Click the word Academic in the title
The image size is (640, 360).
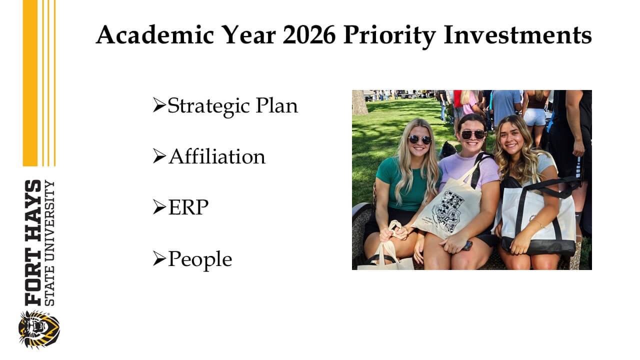[155, 34]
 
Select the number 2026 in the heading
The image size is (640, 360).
[309, 35]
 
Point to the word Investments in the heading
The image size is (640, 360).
[517, 35]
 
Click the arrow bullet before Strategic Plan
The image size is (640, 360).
[159, 105]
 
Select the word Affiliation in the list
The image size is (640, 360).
[217, 156]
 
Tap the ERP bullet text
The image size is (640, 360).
[188, 207]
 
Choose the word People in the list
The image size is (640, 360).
[200, 259]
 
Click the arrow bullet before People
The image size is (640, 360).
[159, 258]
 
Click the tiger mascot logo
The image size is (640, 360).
[39, 329]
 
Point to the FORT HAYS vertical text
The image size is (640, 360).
[33, 242]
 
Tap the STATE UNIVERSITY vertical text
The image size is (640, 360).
[50, 243]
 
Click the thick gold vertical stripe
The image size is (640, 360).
[30, 83]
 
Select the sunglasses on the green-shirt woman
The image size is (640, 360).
[419, 139]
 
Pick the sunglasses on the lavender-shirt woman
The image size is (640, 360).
[473, 134]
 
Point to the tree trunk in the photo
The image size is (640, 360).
[359, 102]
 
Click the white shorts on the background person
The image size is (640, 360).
[535, 117]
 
